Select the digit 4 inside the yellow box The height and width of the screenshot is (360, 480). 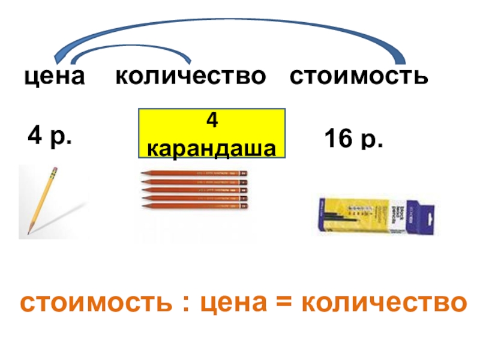pyautogui.click(x=211, y=121)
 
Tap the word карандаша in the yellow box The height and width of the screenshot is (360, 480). pyautogui.click(x=212, y=148)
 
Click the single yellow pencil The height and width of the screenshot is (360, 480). pyautogui.click(x=41, y=200)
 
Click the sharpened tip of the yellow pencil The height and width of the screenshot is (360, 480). pyautogui.click(x=28, y=232)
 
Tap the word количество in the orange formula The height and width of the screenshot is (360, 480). pyautogui.click(x=383, y=302)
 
